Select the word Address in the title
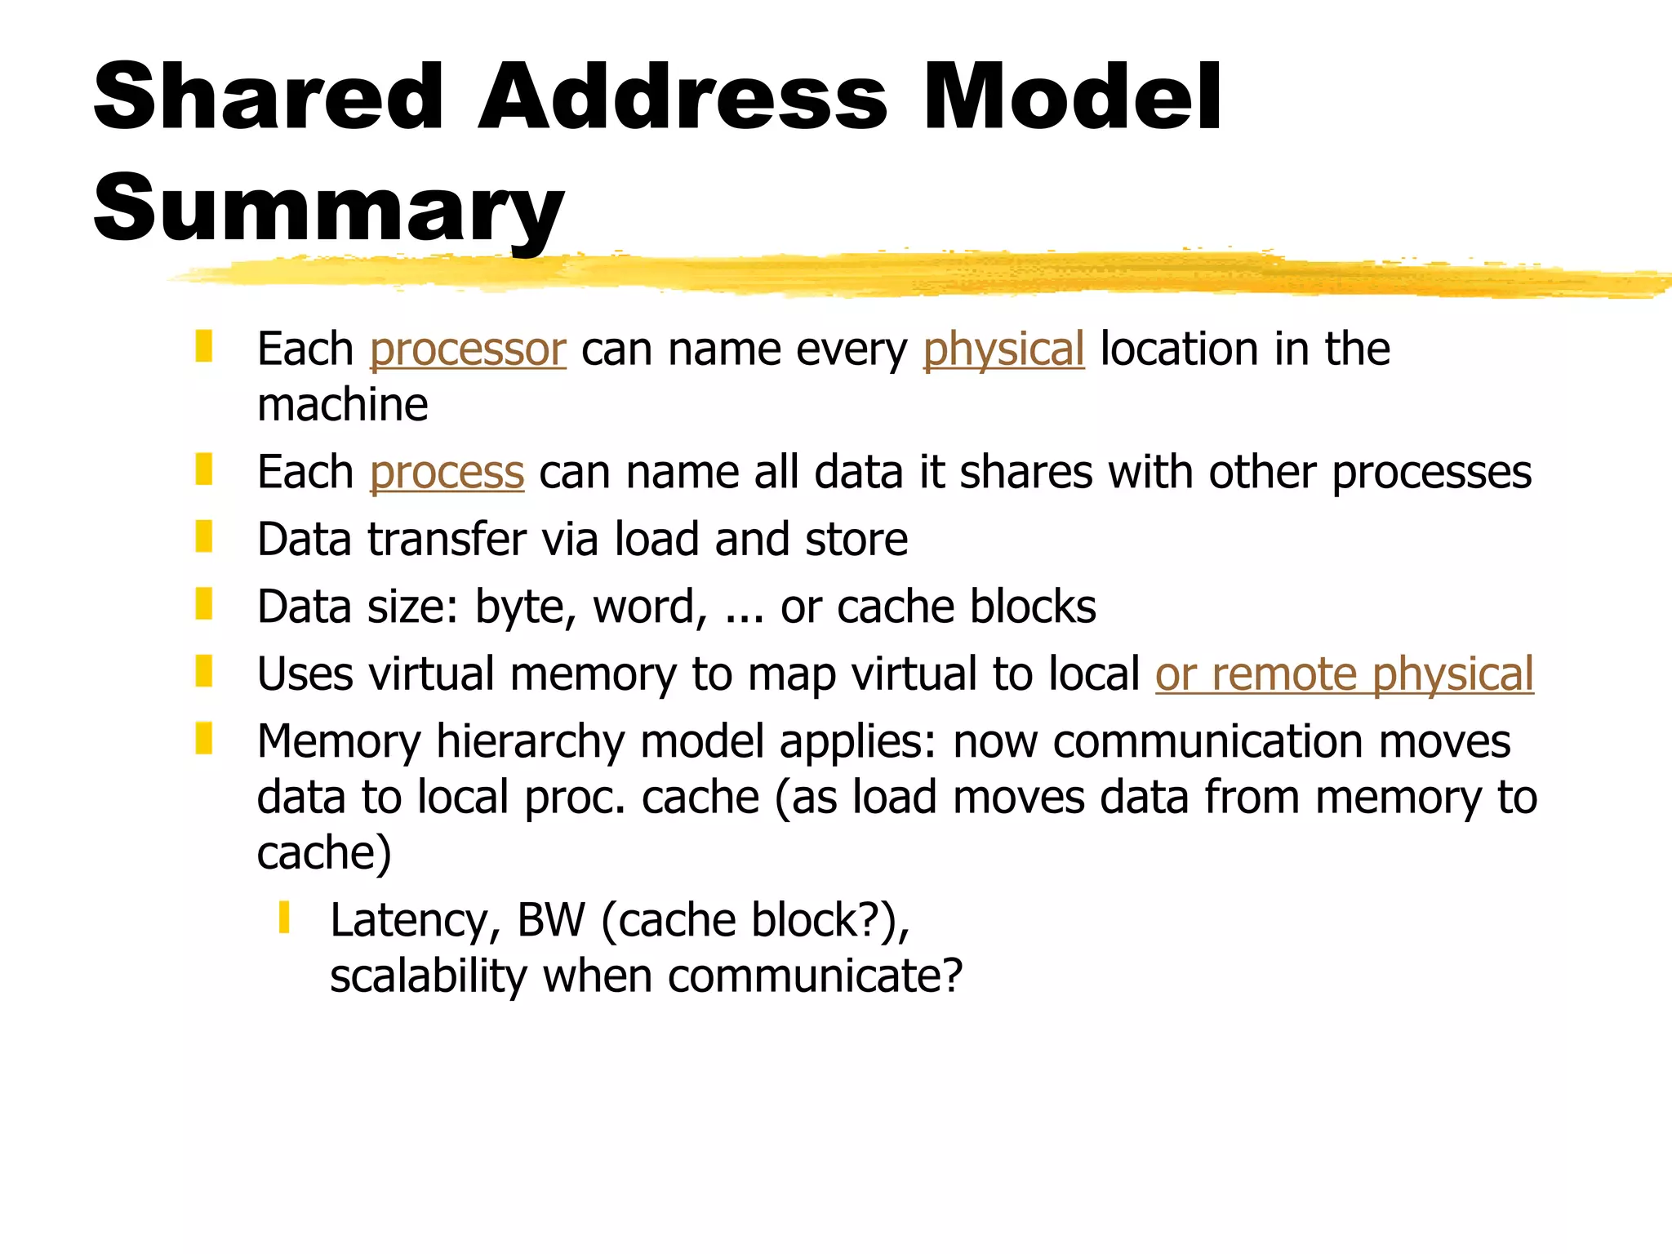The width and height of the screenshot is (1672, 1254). pos(683,98)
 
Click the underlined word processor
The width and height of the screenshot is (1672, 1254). pos(467,349)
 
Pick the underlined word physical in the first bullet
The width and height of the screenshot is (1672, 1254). pos(1003,349)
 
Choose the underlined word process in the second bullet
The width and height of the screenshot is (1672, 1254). pos(447,473)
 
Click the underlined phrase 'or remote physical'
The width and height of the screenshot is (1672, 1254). pos(1344,674)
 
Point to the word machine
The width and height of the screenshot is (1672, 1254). pos(342,405)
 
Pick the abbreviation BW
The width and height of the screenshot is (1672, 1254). pos(551,920)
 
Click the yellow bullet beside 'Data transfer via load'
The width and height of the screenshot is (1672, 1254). pos(204,537)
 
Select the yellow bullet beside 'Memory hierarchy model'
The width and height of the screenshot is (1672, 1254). pos(204,738)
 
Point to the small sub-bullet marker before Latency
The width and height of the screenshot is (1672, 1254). pos(284,918)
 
